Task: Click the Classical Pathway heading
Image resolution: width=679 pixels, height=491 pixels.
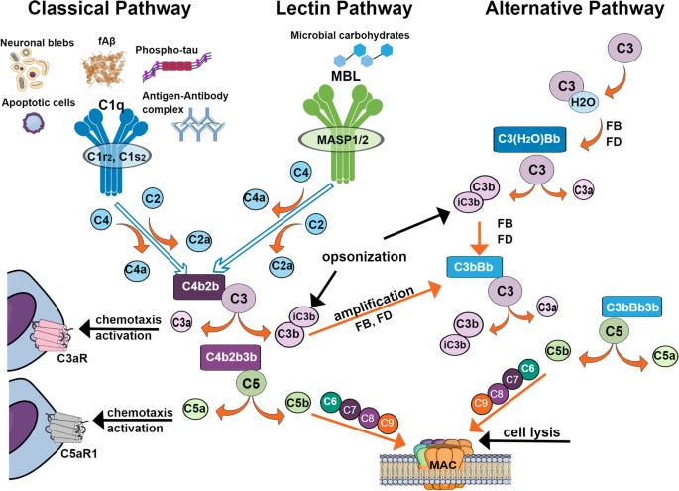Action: pyautogui.click(x=97, y=12)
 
